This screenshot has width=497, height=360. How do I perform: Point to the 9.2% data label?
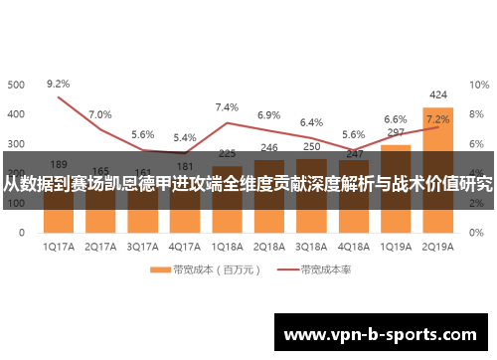(x=59, y=85)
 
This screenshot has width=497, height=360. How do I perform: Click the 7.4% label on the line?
(x=227, y=107)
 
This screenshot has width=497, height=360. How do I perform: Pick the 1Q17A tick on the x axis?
(x=59, y=245)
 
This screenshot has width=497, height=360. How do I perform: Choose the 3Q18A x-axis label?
(x=311, y=245)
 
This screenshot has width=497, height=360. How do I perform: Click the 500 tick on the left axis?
(x=17, y=86)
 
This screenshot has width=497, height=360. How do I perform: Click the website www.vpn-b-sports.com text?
(x=384, y=333)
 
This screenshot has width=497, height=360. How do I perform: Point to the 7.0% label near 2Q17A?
(x=100, y=115)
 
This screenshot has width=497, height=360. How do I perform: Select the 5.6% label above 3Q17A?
(x=142, y=134)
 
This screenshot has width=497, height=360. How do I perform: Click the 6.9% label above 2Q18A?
(x=268, y=115)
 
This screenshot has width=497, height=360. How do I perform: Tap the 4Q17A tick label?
(x=185, y=245)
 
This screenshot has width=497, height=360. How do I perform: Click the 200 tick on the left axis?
(x=17, y=173)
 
